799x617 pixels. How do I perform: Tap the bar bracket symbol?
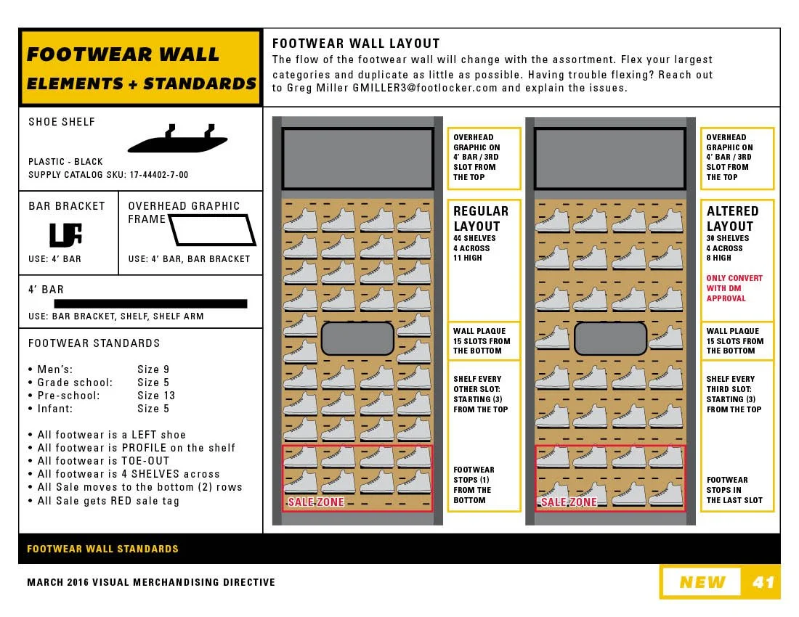(65, 234)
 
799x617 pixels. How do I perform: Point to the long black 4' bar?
(150, 303)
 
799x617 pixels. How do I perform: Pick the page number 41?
(763, 582)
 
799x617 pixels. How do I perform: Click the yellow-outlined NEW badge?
(702, 582)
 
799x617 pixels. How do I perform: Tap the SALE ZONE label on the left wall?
(316, 502)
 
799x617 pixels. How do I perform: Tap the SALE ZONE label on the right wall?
(569, 502)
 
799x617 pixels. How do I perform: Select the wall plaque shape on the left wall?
(357, 338)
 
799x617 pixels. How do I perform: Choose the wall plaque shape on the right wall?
(610, 338)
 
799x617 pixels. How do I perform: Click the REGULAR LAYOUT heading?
(481, 218)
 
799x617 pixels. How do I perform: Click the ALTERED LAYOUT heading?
(732, 218)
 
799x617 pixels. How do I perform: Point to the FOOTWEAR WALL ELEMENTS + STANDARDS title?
(141, 69)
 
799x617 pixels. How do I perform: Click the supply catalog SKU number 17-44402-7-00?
(158, 175)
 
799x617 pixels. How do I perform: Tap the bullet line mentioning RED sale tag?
(108, 501)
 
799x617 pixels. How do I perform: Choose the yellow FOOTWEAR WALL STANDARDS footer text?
(102, 549)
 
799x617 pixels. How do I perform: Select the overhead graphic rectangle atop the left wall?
(357, 158)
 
